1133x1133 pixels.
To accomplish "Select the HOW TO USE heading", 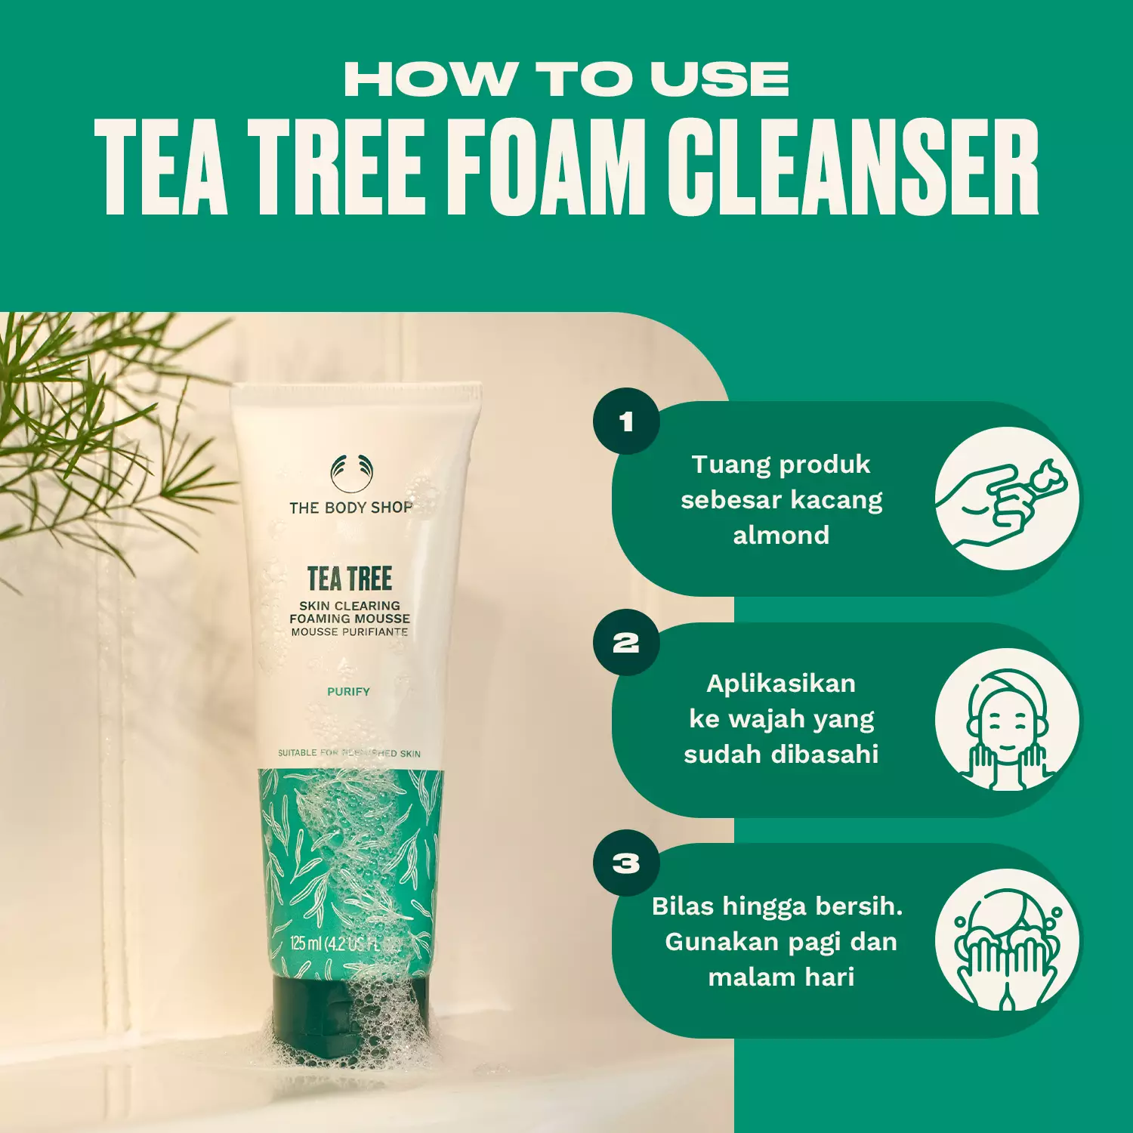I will (566, 79).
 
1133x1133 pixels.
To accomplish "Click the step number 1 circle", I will (626, 421).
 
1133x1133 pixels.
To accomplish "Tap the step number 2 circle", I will (626, 643).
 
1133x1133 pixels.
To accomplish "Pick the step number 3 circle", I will (626, 863).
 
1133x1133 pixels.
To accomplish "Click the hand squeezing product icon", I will (1007, 499).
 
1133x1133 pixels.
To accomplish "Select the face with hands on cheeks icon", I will (1007, 720).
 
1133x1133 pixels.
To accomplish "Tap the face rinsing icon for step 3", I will (1007, 941).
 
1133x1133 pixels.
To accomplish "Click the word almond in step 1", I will (781, 536).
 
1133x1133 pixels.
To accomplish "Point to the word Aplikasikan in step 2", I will (781, 684).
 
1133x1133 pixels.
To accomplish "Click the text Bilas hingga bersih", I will (777, 906).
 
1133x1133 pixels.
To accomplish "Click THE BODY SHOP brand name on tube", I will (351, 508).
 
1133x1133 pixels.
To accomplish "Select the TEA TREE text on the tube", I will (350, 579).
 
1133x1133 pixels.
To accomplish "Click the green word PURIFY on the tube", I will (348, 691).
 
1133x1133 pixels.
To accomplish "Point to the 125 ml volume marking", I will (307, 943).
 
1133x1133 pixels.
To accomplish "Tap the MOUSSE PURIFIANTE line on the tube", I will (350, 632).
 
